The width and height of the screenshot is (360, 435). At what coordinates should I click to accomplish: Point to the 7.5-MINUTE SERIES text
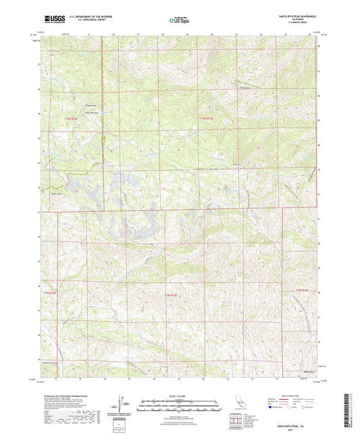[x=305, y=22]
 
